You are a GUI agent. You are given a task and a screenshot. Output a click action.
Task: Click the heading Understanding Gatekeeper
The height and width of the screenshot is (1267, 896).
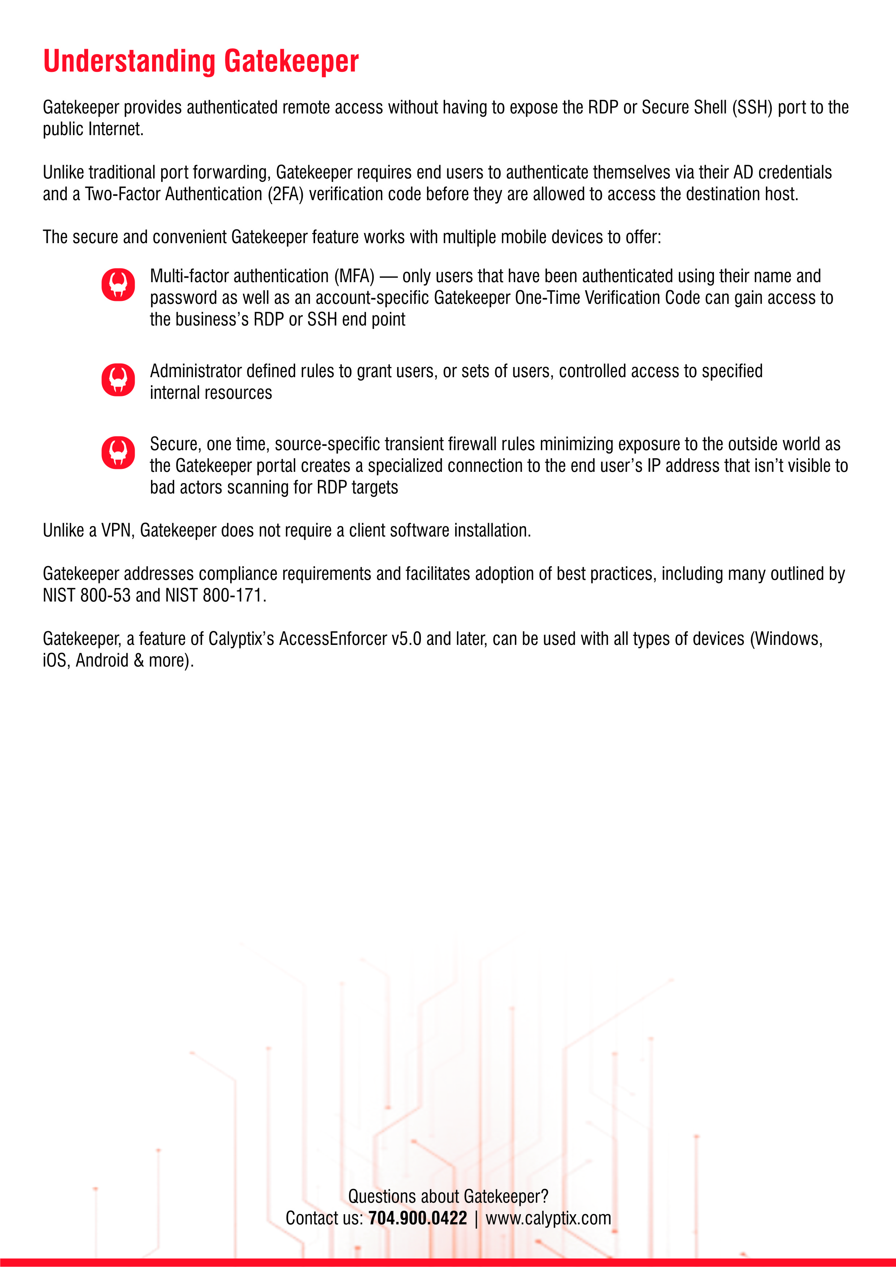(201, 61)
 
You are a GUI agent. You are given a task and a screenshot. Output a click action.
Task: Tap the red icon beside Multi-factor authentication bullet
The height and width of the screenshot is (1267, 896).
(118, 285)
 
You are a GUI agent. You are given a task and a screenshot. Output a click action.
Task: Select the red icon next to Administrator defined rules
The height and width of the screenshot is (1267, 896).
(118, 380)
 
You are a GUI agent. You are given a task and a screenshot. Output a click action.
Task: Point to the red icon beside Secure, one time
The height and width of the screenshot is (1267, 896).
(118, 452)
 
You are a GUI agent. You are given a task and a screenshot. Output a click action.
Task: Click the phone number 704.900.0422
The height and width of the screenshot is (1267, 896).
(418, 1218)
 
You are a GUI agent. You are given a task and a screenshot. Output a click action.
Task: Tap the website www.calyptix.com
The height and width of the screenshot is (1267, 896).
(548, 1218)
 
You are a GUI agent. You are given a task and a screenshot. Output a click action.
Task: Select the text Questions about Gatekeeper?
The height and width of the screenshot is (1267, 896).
(448, 1196)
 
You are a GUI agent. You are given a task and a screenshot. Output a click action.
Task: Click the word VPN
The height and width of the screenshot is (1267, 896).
(116, 530)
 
